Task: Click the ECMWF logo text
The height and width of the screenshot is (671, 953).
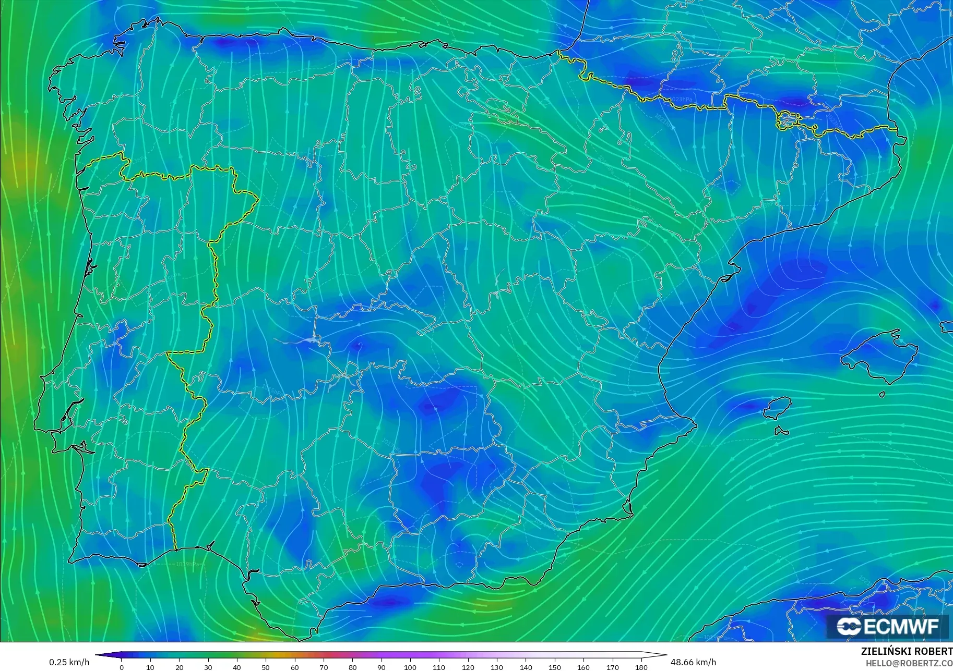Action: [901, 626]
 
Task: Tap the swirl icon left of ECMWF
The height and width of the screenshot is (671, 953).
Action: [849, 627]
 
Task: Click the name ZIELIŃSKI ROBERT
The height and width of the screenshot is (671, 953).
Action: [907, 652]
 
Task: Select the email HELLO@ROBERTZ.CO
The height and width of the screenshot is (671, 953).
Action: [909, 664]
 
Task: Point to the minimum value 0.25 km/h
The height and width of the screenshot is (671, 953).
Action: [69, 662]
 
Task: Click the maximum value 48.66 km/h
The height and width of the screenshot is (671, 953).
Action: [693, 662]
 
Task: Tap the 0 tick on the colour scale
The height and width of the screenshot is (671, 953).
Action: [122, 667]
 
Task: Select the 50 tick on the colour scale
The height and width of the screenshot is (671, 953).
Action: [266, 667]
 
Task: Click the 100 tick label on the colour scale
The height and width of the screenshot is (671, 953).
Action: [410, 667]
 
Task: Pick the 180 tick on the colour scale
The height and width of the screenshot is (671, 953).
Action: [641, 667]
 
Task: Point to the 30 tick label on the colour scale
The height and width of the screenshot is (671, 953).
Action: [208, 667]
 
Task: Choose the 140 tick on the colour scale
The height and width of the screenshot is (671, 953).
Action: [526, 667]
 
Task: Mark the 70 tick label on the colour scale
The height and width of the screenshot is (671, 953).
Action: [324, 667]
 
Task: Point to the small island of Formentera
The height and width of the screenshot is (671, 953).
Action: [781, 431]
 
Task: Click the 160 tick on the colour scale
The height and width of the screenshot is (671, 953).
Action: [583, 667]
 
